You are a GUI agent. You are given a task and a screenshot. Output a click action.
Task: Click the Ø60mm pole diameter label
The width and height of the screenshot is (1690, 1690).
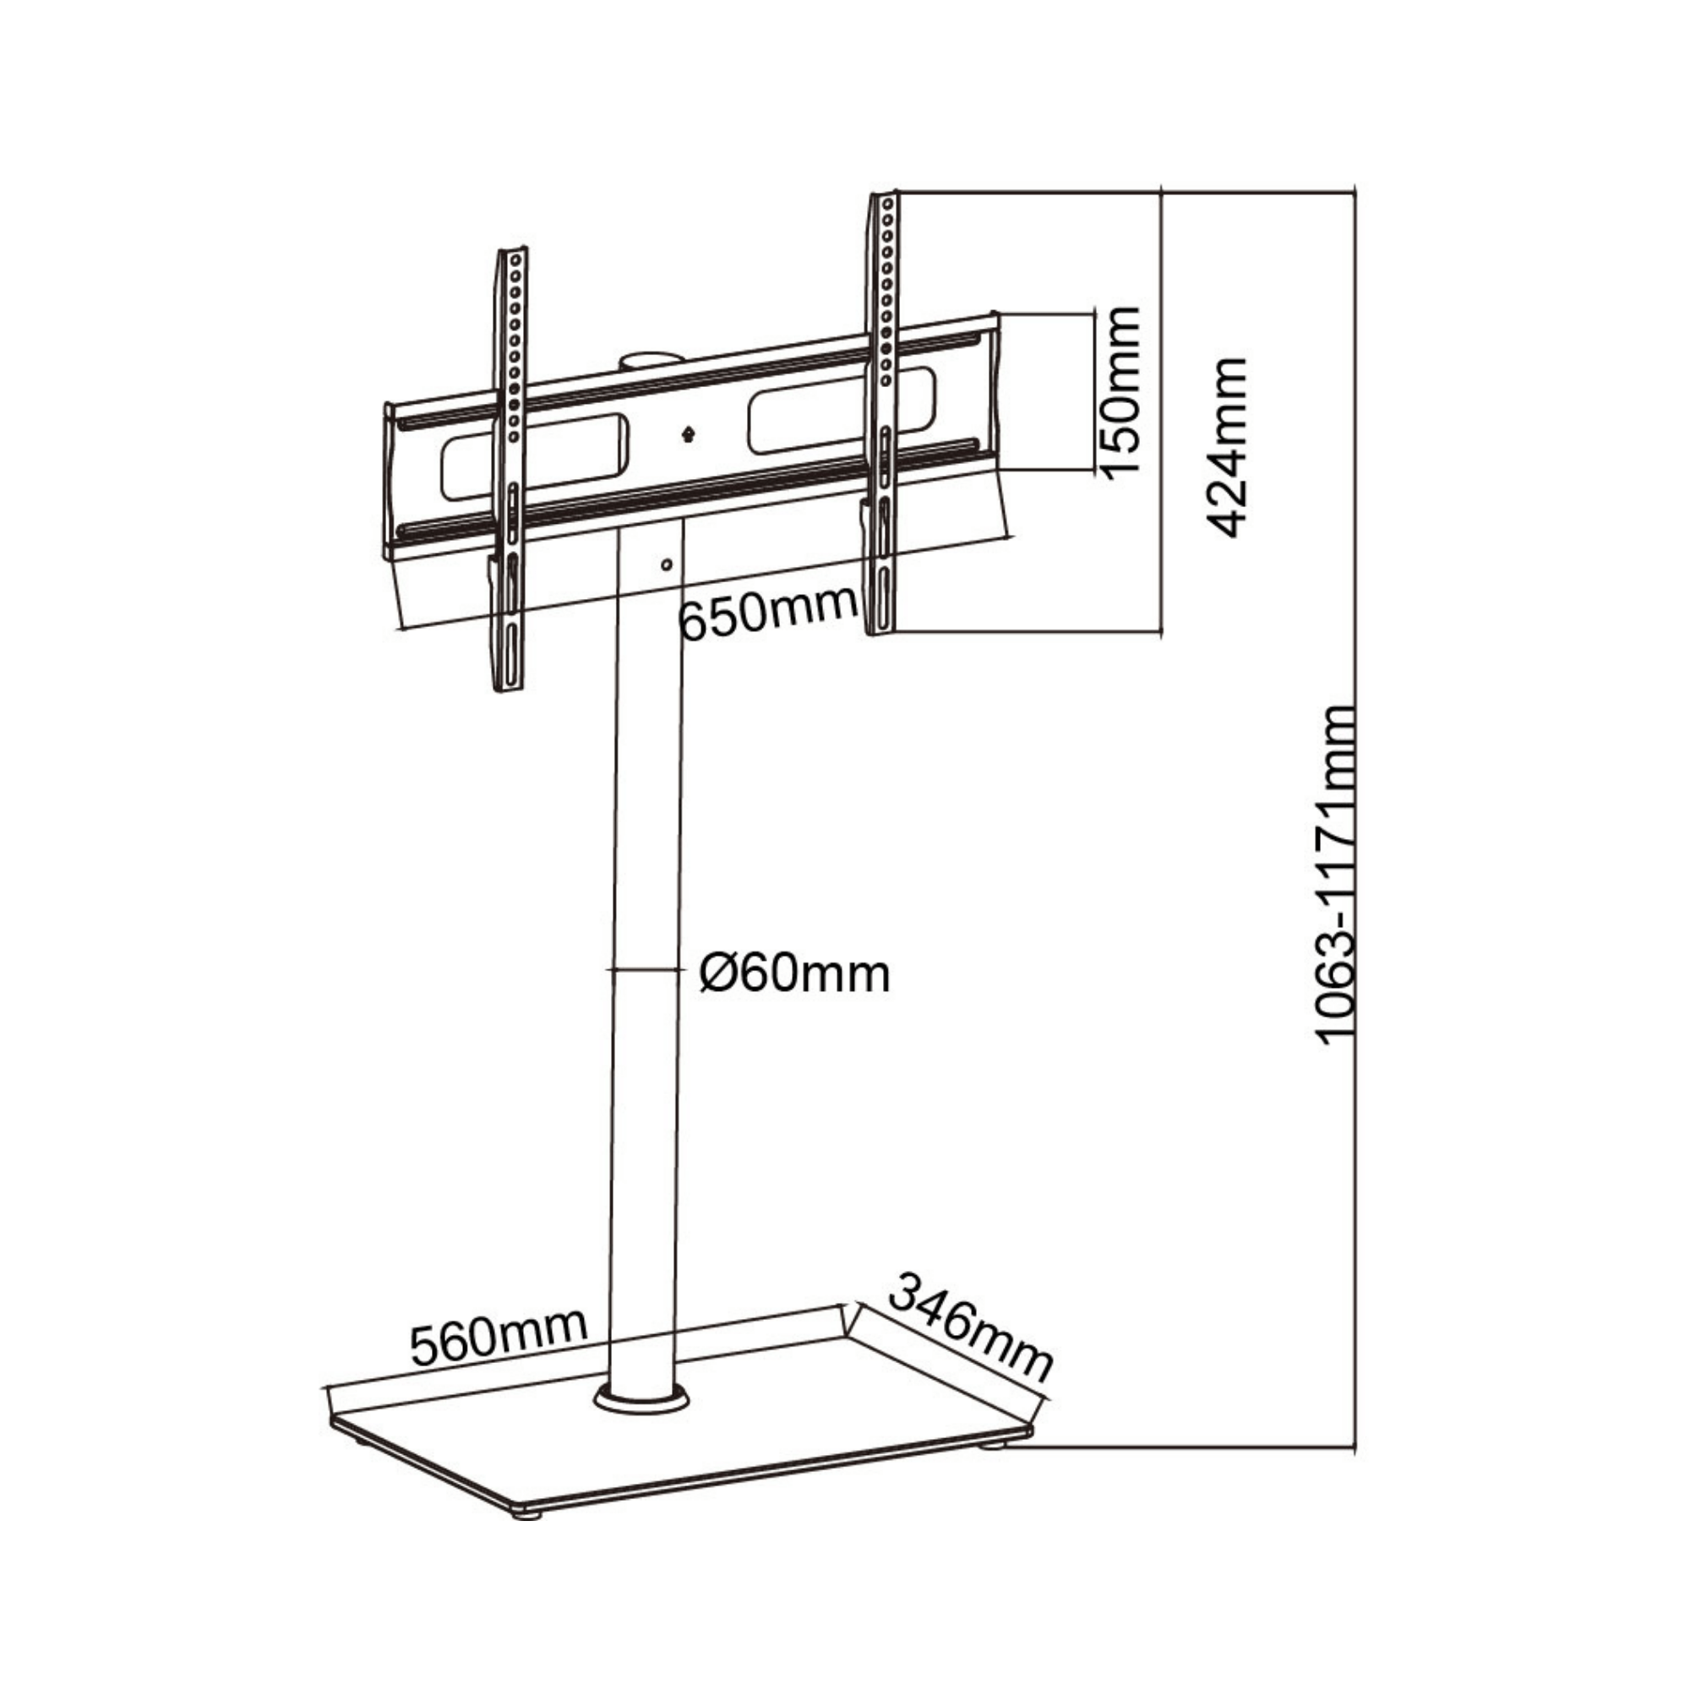794,973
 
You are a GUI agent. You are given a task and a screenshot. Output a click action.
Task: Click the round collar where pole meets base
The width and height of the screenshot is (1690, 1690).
642,1398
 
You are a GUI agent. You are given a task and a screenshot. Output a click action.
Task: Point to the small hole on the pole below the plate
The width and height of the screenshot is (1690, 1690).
667,564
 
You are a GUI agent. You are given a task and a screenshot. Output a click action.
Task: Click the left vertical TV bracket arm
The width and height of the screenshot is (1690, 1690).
509,469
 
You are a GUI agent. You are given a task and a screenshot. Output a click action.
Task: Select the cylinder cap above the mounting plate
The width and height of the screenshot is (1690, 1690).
650,361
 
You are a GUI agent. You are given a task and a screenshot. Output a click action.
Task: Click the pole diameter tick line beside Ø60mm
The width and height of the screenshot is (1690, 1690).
645,969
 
